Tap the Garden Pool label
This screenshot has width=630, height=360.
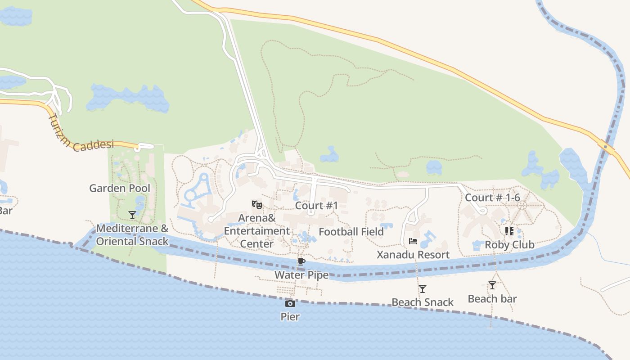coord(120,188)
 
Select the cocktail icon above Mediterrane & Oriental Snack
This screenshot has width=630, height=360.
coord(132,215)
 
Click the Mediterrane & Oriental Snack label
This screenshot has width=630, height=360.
coord(132,235)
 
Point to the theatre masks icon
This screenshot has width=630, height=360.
coord(257,205)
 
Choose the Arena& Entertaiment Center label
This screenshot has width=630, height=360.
coord(257,231)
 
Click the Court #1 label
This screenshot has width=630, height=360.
coord(316,206)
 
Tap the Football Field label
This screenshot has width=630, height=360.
coord(351,232)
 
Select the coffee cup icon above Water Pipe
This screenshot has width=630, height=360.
coord(301,262)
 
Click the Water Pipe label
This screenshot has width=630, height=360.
coord(301,275)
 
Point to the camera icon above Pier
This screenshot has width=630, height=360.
coord(290,303)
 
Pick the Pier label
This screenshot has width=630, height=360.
coord(290,316)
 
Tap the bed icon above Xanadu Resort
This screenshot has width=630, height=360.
coord(413,242)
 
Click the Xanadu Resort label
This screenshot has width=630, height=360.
coord(413,255)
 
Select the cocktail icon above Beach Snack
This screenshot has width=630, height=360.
coord(422,289)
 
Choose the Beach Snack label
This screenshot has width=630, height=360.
coord(422,302)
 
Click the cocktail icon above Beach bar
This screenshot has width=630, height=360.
coord(492,285)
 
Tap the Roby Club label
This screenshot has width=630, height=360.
coord(509,245)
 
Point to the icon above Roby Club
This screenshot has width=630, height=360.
coord(509,231)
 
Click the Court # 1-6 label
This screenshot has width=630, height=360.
coord(492,198)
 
